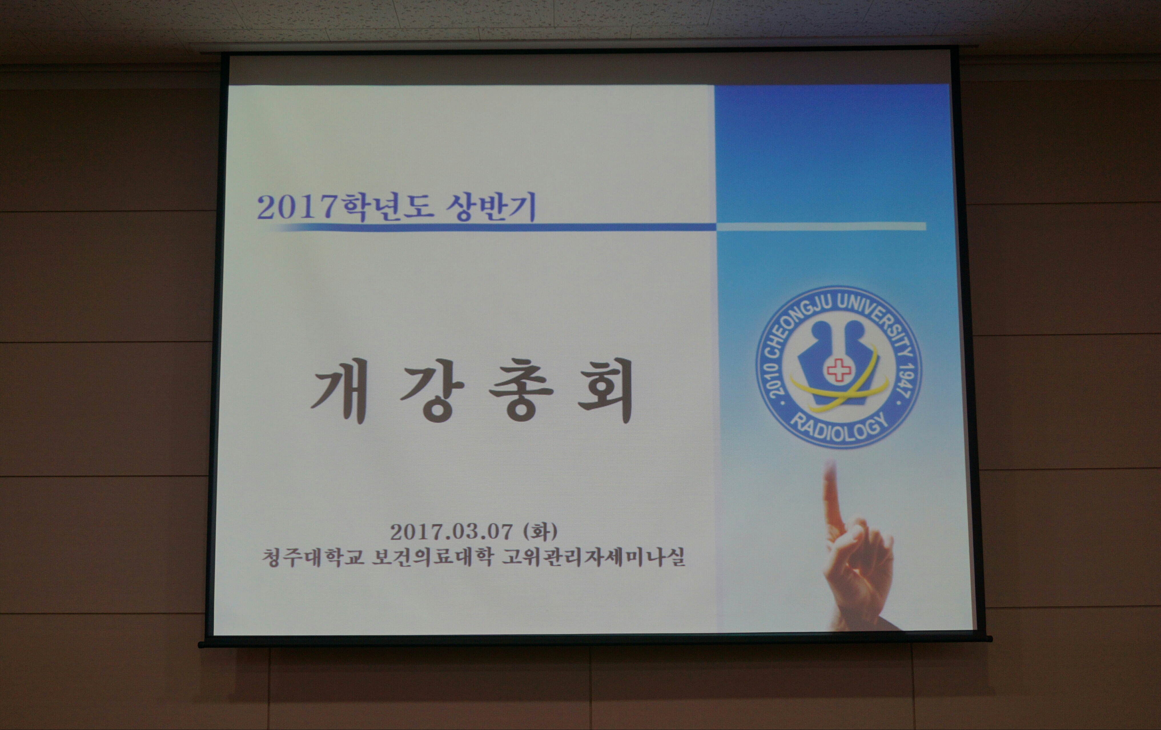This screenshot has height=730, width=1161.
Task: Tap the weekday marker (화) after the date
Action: [x=540, y=532]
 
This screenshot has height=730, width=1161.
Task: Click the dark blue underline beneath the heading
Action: [x=497, y=227]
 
